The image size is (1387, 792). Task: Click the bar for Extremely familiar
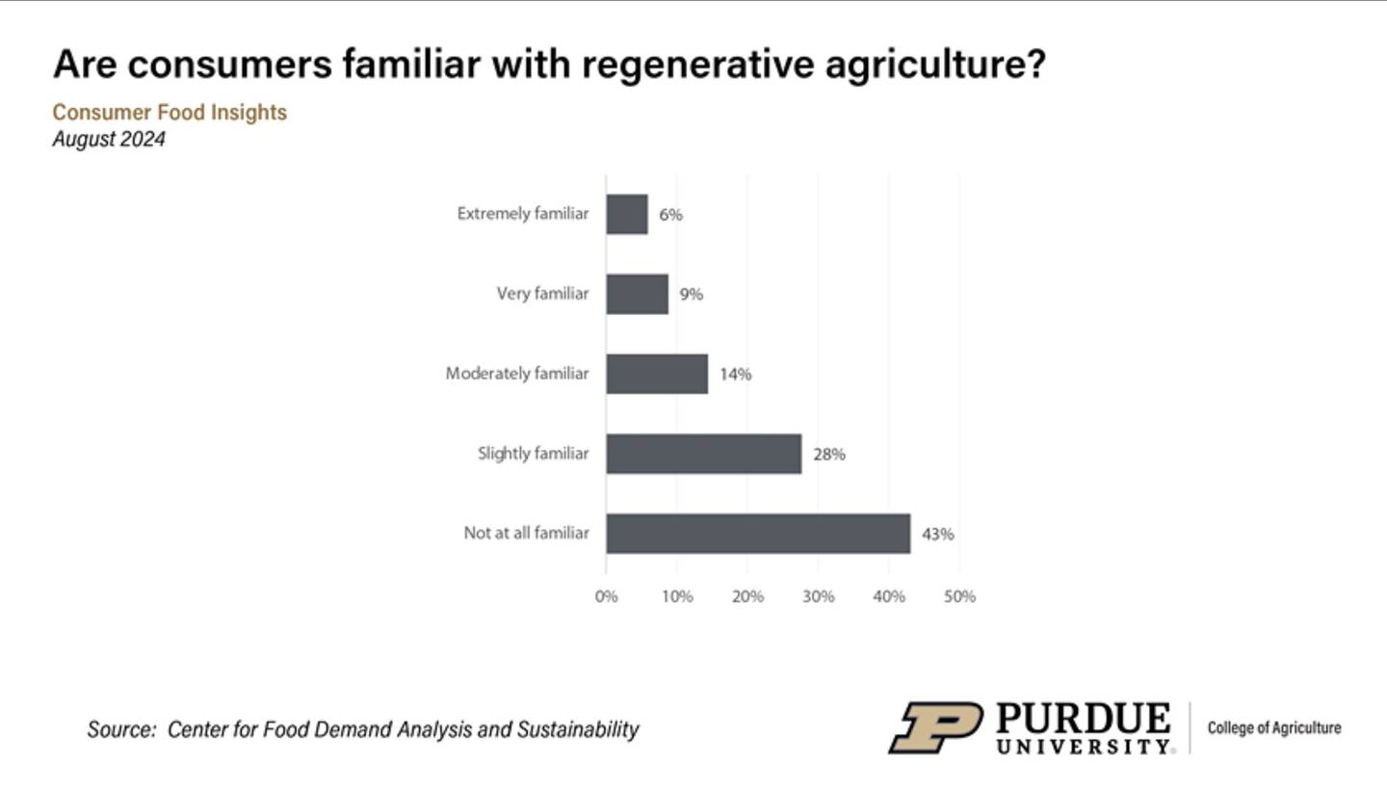click(x=627, y=214)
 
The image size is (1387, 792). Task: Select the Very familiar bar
click(x=637, y=294)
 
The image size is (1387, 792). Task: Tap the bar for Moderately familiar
click(x=657, y=374)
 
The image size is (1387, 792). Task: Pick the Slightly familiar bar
click(x=703, y=454)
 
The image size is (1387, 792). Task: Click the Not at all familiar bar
click(x=757, y=533)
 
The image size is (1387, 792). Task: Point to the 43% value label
click(x=937, y=534)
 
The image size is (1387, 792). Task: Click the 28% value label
click(x=828, y=454)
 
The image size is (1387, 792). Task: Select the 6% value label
click(x=670, y=215)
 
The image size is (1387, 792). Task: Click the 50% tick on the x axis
click(x=959, y=596)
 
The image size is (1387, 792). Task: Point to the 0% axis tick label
click(x=606, y=596)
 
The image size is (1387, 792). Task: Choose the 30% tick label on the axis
click(x=818, y=596)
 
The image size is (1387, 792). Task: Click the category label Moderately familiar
click(x=516, y=374)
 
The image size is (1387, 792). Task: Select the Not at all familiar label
click(x=526, y=532)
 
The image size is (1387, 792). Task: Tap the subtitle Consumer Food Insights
click(x=170, y=113)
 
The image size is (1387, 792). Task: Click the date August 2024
click(x=109, y=139)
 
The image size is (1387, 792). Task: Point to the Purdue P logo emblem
click(x=934, y=727)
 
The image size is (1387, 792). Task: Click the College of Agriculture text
click(x=1273, y=728)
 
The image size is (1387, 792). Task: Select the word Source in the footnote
click(x=121, y=729)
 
